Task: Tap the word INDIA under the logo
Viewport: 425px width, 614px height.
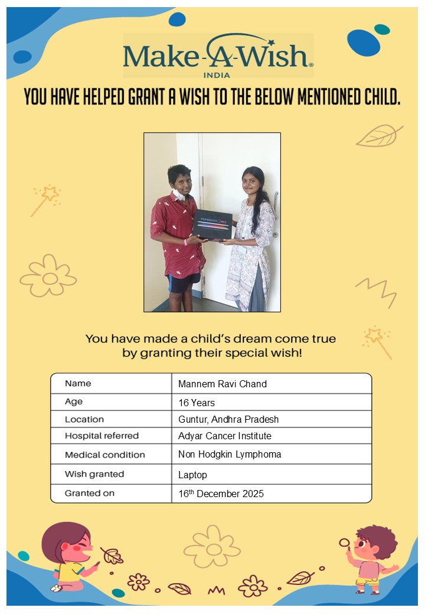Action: [217, 75]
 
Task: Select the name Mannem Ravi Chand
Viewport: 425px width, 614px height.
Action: [223, 384]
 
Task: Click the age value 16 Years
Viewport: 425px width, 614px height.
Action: [197, 403]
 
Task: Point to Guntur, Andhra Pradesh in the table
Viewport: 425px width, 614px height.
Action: [228, 419]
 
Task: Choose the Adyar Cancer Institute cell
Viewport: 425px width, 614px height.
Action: [225, 436]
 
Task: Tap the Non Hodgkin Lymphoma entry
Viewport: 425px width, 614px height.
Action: [230, 455]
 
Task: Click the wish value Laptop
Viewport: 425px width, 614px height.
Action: [192, 475]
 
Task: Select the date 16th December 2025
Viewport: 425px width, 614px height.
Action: [221, 494]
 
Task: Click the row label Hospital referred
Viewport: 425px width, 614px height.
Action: [102, 436]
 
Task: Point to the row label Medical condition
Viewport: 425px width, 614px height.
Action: [104, 455]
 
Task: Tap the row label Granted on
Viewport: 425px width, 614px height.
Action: [90, 493]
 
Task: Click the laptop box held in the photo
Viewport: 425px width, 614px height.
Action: [212, 225]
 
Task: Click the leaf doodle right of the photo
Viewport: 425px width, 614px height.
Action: [378, 136]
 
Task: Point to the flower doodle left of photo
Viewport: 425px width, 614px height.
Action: [48, 276]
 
